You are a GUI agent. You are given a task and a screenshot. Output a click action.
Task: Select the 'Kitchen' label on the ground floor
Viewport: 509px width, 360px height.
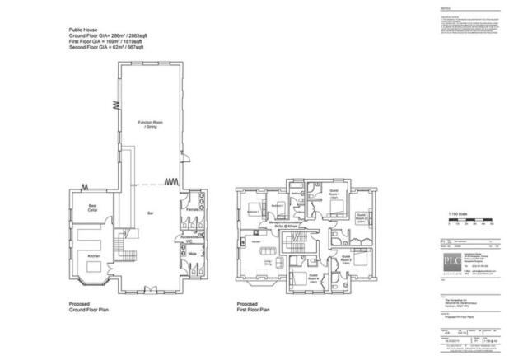[94, 256]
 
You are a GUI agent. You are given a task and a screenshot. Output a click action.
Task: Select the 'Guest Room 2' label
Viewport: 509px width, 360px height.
[360, 220]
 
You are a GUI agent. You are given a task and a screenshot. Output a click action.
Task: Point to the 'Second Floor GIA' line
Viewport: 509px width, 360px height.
[106, 49]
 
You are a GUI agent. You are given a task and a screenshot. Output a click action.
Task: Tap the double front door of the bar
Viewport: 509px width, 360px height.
[149, 289]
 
